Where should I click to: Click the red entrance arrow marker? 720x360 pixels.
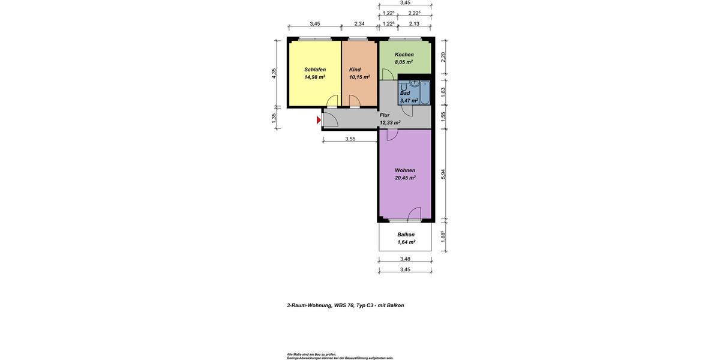319,121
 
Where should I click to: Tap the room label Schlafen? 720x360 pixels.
315,70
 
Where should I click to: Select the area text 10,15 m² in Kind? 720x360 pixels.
359,77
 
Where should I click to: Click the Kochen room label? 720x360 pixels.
404,55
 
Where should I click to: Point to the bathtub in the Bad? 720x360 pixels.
425,92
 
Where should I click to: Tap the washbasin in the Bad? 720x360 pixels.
414,83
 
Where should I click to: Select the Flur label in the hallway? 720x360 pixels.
385,115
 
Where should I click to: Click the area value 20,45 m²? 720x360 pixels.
405,178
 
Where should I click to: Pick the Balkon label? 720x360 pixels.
406,235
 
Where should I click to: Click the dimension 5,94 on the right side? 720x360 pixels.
443,173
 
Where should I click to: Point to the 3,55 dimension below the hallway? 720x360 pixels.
350,139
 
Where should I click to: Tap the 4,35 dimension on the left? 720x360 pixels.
274,73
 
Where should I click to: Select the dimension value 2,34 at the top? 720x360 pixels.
359,24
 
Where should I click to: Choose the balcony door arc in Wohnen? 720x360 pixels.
413,214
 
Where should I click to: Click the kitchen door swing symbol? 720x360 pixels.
387,74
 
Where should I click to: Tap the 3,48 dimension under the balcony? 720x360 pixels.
405,259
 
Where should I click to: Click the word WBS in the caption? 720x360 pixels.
340,305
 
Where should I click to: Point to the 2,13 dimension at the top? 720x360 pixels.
414,24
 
